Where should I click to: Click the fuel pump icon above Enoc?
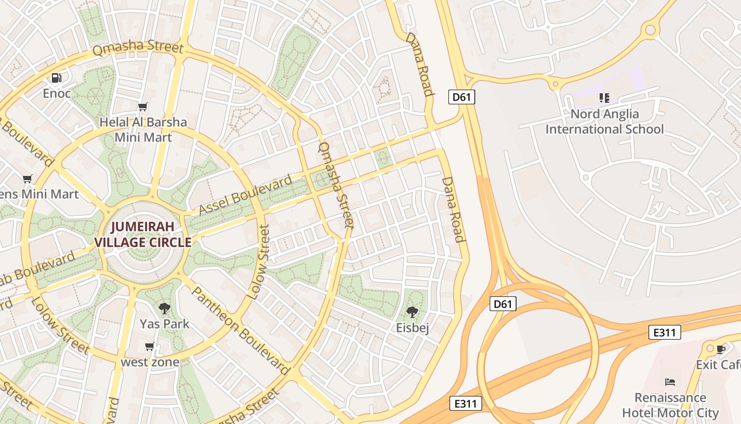pyautogui.click(x=57, y=78)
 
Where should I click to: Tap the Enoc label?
pyautogui.click(x=57, y=94)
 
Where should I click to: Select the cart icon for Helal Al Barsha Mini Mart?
pyautogui.click(x=142, y=107)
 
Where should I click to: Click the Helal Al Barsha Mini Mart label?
pyautogui.click(x=143, y=130)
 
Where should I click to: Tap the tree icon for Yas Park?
pyautogui.click(x=165, y=308)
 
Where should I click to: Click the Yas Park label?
pyautogui.click(x=165, y=323)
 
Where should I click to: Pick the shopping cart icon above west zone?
pyautogui.click(x=150, y=347)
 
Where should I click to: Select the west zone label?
pyautogui.click(x=150, y=363)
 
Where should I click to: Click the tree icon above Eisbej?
pyautogui.click(x=412, y=312)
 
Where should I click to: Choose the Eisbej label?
pyautogui.click(x=412, y=328)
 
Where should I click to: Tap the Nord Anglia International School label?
pyautogui.click(x=604, y=121)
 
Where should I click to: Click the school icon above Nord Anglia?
pyautogui.click(x=604, y=98)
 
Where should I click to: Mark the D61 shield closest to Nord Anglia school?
pyautogui.click(x=462, y=97)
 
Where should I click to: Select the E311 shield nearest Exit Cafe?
pyautogui.click(x=664, y=332)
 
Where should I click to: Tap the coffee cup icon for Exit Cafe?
pyautogui.click(x=720, y=349)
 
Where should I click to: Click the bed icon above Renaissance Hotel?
pyautogui.click(x=670, y=382)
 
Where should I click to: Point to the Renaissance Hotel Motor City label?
pyautogui.click(x=670, y=405)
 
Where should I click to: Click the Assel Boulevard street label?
pyautogui.click(x=246, y=195)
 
